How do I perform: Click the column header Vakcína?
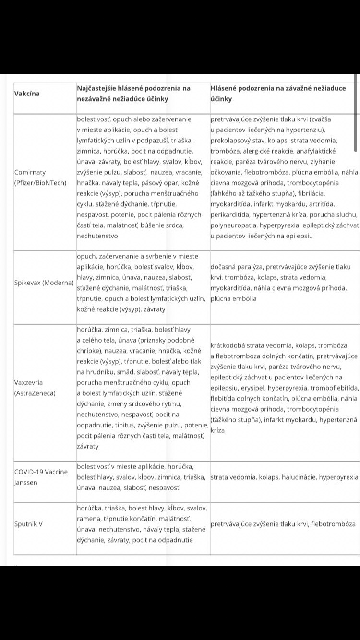coord(27,93)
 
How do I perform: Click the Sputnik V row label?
coord(28,524)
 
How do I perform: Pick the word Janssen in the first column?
coord(26,482)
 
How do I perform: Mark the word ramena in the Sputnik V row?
coord(89,518)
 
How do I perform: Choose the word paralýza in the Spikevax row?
coord(250,267)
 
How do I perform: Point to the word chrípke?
coord(91,350)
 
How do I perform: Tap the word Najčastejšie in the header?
coord(99,88)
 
